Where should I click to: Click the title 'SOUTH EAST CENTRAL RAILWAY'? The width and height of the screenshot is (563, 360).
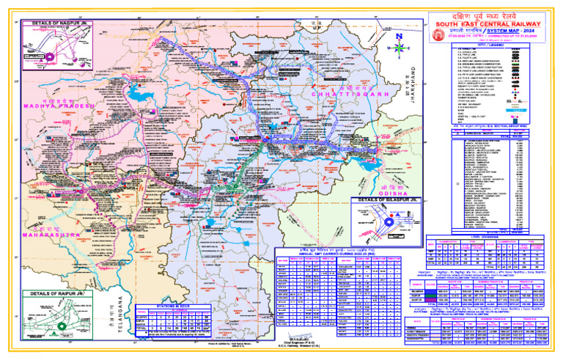tap(488, 23)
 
